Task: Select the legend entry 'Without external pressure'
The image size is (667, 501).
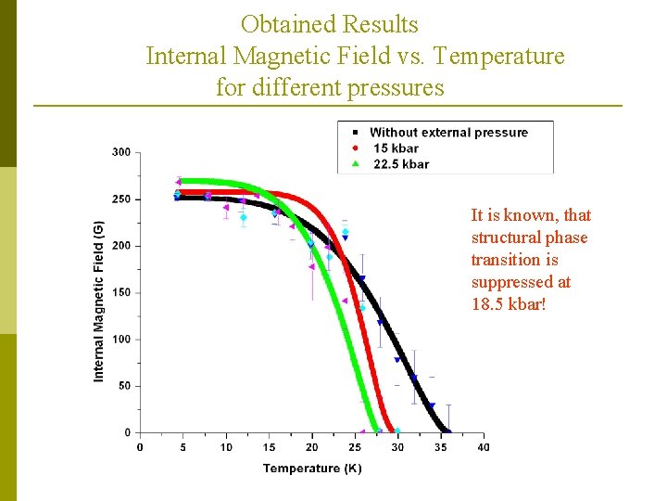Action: [448, 133]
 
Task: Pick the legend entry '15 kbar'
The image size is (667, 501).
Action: [396, 148]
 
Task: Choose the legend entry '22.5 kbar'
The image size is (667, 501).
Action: [401, 164]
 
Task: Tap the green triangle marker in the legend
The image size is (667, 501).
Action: [354, 164]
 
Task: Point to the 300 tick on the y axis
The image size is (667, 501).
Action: [121, 152]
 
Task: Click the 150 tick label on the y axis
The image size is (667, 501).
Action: [121, 293]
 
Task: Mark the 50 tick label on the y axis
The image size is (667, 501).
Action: [124, 386]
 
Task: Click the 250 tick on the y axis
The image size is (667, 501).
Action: [121, 199]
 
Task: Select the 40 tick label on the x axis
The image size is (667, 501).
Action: [484, 447]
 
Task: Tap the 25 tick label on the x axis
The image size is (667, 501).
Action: [355, 447]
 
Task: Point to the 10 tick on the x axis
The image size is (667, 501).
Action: [226, 447]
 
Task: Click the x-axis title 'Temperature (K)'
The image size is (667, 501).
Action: [312, 469]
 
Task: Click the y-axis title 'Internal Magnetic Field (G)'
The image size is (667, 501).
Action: [99, 301]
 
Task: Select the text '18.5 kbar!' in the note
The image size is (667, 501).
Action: [509, 304]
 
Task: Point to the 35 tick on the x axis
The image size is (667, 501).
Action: [441, 447]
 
